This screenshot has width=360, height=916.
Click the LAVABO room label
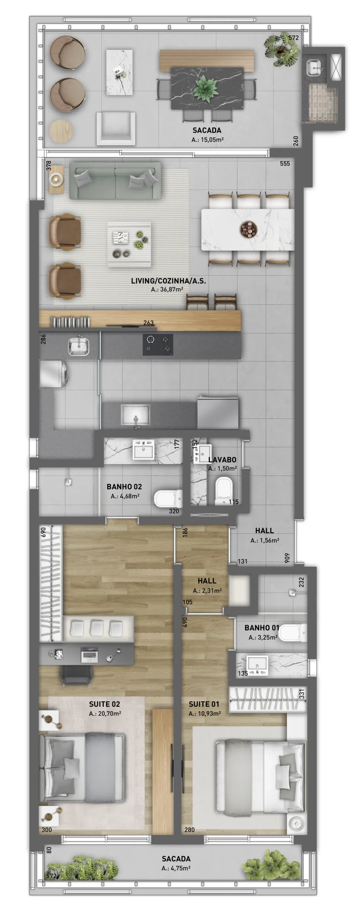click(222, 460)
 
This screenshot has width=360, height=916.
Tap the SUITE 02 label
click(104, 704)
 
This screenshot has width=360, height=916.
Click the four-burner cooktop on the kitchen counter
click(158, 345)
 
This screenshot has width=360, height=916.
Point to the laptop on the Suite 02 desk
click(89, 653)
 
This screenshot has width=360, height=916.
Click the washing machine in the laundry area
click(54, 374)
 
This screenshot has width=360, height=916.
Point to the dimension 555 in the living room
click(285, 164)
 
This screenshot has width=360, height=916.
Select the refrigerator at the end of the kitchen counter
click(218, 412)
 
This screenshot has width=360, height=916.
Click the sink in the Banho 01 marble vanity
click(257, 665)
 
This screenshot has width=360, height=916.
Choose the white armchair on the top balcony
click(116, 128)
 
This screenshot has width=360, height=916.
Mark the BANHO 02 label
click(124, 487)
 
